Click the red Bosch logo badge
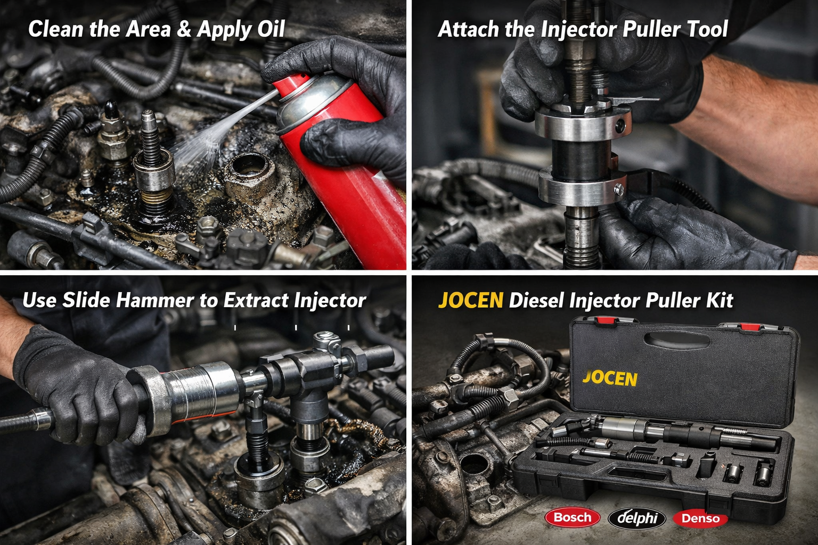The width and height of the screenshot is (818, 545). [572, 517]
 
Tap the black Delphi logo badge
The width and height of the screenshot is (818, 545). [637, 518]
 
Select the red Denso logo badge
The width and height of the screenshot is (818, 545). [700, 518]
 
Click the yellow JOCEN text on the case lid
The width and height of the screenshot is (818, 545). [610, 378]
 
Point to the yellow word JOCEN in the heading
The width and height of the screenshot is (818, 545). [471, 300]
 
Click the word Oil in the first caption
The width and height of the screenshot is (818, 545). [271, 29]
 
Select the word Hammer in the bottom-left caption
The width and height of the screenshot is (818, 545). [155, 300]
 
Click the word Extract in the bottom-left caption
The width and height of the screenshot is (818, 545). [256, 300]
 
